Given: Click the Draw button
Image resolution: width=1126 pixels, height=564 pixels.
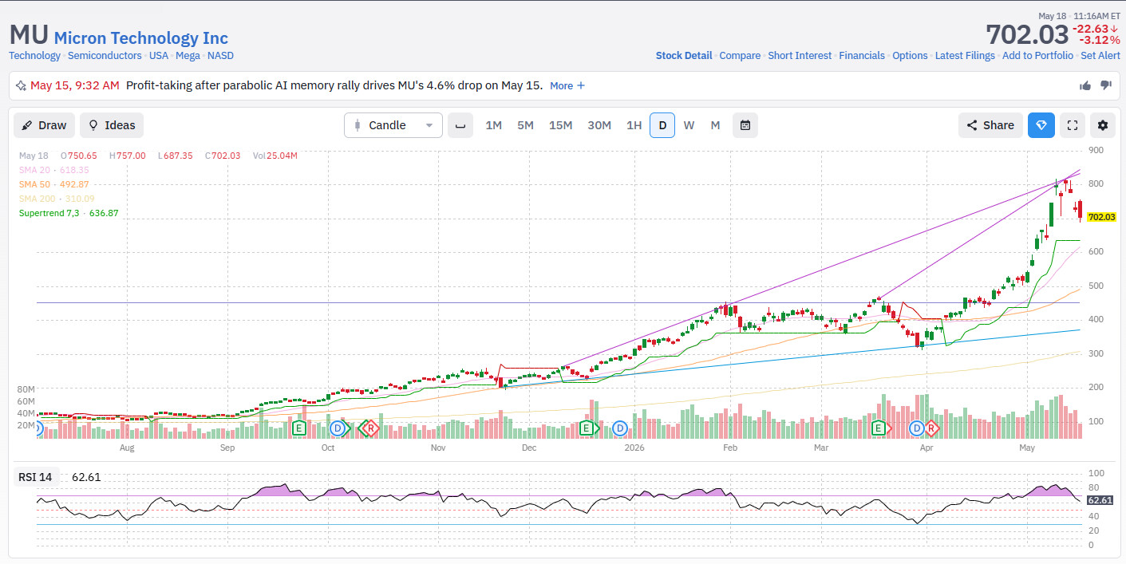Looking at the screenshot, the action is coord(44,125).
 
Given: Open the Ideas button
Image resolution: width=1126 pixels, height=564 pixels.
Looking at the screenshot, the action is coord(112,125).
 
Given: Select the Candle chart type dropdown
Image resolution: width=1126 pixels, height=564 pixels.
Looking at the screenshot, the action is coord(393,125).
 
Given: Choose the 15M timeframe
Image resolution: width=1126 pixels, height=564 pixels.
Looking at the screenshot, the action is coord(560,125).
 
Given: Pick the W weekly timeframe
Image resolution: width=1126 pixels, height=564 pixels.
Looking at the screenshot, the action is coord(689,125).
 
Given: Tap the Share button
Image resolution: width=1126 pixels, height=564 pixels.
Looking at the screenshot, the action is coord(990,125).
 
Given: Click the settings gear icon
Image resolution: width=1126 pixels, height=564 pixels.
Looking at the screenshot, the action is coord(1102,125).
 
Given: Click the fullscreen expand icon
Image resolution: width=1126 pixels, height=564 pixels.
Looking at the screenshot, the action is coord(1073,125).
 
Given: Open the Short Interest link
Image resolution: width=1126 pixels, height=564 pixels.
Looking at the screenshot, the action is coord(800,55).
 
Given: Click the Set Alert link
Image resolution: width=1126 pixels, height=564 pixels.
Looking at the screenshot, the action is coord(1100,55).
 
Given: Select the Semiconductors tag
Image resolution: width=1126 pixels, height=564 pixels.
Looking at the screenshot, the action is coord(105,55).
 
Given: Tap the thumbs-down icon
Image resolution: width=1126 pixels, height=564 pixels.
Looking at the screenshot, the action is coord(1106,85).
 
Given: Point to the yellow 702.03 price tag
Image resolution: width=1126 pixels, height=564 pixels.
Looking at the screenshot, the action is coord(1101,217).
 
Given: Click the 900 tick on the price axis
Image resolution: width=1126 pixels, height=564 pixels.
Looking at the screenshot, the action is coord(1096,150).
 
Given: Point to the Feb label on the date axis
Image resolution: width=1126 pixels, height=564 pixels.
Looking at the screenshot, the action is coord(730,448).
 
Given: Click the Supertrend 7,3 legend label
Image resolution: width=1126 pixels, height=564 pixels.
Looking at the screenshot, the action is coord(49,213).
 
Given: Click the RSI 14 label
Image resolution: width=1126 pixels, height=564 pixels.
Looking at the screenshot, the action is coord(35,477).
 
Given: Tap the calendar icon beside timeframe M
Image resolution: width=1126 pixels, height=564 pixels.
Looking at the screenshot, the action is coord(745,125).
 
